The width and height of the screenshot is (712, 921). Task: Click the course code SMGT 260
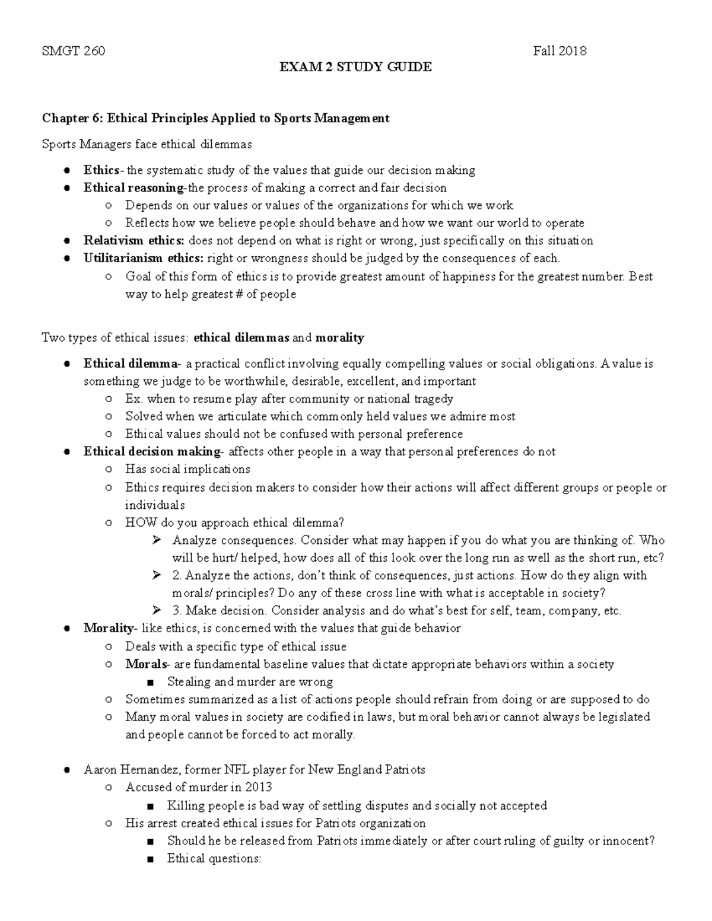pyautogui.click(x=74, y=51)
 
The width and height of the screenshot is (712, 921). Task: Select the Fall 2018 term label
pyautogui.click(x=560, y=51)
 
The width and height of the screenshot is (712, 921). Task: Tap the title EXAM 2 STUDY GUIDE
pyautogui.click(x=355, y=67)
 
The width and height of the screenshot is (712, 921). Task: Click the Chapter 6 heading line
pyautogui.click(x=215, y=118)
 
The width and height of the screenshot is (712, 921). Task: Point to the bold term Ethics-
pyautogui.click(x=104, y=170)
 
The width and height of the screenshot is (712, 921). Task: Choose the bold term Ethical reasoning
pyautogui.click(x=134, y=188)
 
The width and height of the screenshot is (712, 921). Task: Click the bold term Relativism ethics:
pyautogui.click(x=134, y=241)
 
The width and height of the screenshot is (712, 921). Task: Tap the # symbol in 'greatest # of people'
pyautogui.click(x=234, y=294)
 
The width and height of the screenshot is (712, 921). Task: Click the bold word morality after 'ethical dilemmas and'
pyautogui.click(x=339, y=338)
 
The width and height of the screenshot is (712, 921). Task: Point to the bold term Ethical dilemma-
pyautogui.click(x=131, y=364)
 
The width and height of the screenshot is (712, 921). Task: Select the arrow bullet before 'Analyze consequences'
pyautogui.click(x=157, y=540)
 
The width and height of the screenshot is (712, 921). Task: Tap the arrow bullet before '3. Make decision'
pyautogui.click(x=157, y=610)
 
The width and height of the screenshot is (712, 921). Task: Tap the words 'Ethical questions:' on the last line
pyautogui.click(x=214, y=858)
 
